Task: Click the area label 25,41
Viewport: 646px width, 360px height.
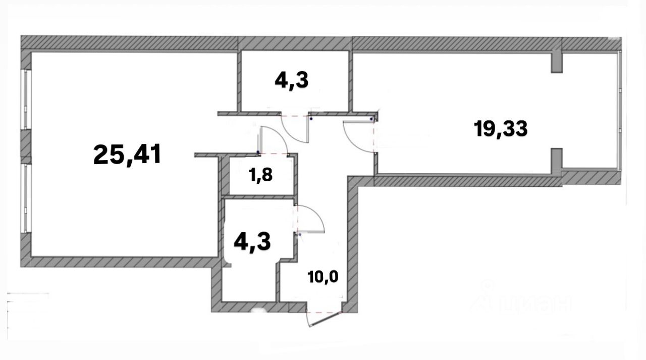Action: coord(127,154)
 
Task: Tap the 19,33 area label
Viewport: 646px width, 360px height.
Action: coord(501,129)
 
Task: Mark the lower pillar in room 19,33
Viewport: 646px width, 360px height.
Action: coord(556,160)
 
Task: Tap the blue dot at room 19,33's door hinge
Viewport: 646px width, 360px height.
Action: coord(372,119)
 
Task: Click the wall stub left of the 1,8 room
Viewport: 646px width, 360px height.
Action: coord(207,155)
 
